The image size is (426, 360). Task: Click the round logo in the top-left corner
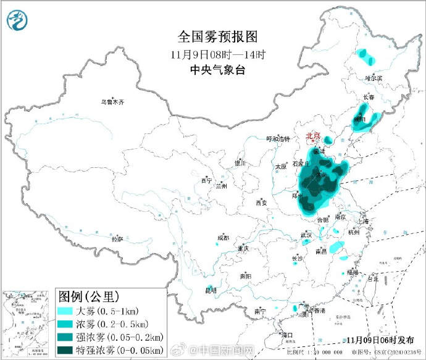(19, 22)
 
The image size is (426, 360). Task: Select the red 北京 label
(314, 136)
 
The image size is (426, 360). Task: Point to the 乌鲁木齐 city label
(113, 102)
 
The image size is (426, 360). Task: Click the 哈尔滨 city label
(374, 78)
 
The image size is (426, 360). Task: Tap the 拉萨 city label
(117, 238)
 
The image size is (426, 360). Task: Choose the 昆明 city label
(211, 290)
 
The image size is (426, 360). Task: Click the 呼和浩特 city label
(277, 139)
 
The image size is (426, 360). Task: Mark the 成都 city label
(223, 238)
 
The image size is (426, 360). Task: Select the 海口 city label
(286, 335)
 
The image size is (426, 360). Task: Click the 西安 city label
(261, 203)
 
